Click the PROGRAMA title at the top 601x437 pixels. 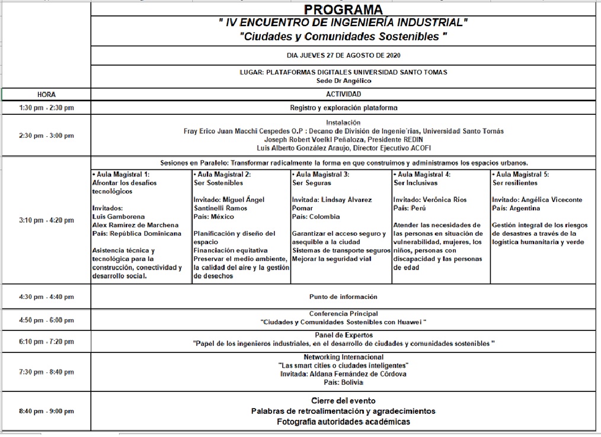click(x=343, y=9)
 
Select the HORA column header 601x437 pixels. click(x=46, y=94)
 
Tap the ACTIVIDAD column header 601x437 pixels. click(x=343, y=94)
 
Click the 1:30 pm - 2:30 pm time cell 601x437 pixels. click(x=46, y=108)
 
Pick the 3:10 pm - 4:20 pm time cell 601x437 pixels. click(x=46, y=220)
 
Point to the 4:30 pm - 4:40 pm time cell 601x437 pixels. click(x=46, y=297)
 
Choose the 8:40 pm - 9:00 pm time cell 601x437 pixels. click(x=46, y=411)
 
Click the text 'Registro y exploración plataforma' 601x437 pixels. click(x=343, y=108)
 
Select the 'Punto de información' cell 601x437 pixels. click(x=343, y=297)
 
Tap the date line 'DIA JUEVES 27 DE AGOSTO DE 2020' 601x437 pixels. click(x=343, y=56)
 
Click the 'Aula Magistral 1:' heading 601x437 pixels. click(x=121, y=175)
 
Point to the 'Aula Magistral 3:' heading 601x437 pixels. click(x=321, y=175)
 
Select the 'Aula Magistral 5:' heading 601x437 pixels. click(x=521, y=175)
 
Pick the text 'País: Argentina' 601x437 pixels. click(x=516, y=208)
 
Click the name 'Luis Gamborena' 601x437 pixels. click(x=119, y=217)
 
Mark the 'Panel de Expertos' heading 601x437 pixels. click(x=343, y=335)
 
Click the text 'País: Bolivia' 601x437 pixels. click(x=343, y=382)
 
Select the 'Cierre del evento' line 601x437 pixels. click(x=343, y=401)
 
